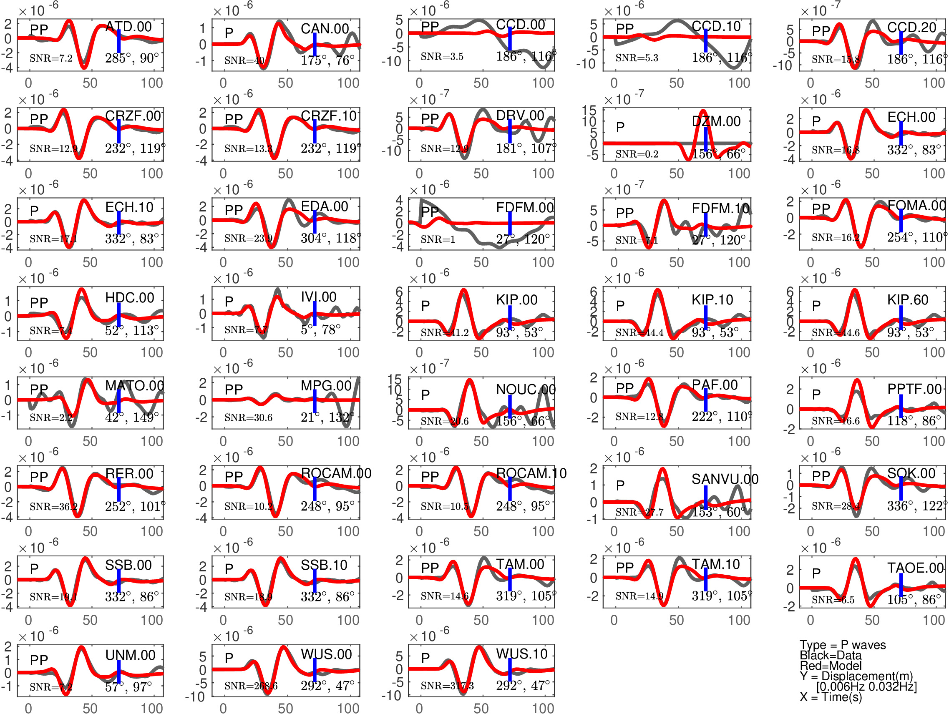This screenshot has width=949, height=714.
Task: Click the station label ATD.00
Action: coord(128,27)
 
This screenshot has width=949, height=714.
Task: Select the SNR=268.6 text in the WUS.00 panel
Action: coord(251,686)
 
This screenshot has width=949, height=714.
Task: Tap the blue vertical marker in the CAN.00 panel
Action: coord(315,45)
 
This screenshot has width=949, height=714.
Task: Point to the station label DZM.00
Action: coord(716,121)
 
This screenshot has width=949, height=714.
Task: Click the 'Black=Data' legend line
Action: coord(830,655)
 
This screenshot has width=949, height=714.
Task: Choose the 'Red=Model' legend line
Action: coord(830,666)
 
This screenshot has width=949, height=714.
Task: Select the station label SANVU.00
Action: coord(725,479)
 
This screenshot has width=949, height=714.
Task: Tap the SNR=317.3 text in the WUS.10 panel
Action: coord(447,686)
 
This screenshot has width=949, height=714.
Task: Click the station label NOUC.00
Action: coord(526,390)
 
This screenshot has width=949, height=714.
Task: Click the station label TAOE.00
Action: coord(915,568)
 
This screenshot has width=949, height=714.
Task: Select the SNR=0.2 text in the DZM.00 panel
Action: coord(637,154)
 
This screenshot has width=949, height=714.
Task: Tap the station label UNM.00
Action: coord(130,655)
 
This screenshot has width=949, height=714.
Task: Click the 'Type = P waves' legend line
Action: coord(842,645)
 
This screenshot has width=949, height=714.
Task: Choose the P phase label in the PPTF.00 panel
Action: coord(816,394)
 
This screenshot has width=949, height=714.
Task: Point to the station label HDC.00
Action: coord(130,298)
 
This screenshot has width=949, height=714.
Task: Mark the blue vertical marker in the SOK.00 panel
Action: coord(901,488)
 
